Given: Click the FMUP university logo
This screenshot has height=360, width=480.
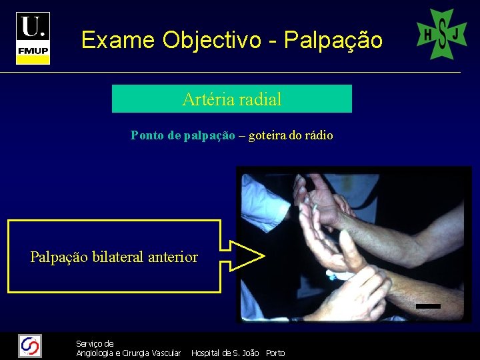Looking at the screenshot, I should click(33, 38).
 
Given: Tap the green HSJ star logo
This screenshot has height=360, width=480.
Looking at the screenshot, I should click(441, 34).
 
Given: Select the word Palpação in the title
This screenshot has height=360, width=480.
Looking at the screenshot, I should click(333, 41).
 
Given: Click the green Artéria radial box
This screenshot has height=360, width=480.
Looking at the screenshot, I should click(231, 99).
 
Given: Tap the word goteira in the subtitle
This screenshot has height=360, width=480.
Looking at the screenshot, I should click(267, 135).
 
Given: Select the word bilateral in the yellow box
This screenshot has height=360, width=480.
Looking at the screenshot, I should click(120, 257).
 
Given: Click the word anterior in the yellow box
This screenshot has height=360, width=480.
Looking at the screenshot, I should click(173, 257).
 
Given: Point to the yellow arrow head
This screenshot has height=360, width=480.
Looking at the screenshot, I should click(250, 255).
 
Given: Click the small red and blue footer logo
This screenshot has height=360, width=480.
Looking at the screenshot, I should click(30, 345).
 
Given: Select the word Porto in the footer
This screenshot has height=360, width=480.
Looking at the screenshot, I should click(275, 353).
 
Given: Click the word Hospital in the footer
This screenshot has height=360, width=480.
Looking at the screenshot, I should click(206, 353).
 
